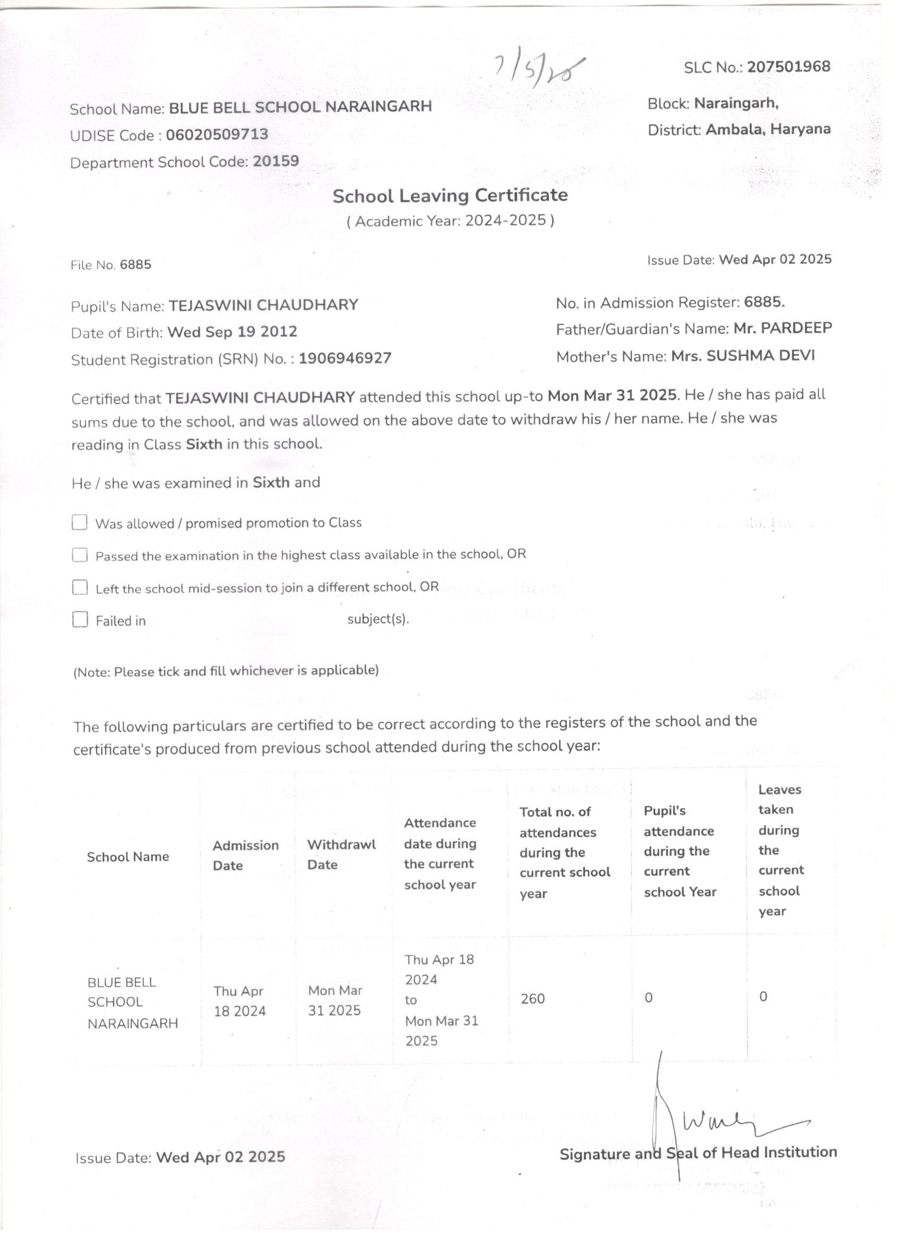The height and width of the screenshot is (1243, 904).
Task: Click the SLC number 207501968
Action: pos(788,67)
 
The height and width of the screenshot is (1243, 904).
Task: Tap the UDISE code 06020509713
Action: pos(217,135)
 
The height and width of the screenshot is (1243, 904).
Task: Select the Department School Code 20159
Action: pos(276,162)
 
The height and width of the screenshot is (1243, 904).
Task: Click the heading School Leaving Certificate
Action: pos(450,196)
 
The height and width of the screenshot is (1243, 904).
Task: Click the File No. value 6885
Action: pos(136,265)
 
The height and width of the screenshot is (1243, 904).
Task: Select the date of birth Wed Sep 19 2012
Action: pos(232,332)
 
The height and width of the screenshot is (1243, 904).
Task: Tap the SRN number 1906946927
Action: pos(345,358)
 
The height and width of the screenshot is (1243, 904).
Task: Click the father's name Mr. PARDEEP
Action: pos(782,328)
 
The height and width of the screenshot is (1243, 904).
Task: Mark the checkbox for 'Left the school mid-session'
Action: pos(80,587)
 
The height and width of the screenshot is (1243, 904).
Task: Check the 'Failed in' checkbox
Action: pos(80,620)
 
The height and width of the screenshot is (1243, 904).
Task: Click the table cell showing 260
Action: pos(532,998)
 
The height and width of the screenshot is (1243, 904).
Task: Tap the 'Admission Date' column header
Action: pos(245,855)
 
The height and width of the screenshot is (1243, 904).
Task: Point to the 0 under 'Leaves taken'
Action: pos(763,997)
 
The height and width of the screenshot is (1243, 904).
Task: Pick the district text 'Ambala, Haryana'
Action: pos(767,129)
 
